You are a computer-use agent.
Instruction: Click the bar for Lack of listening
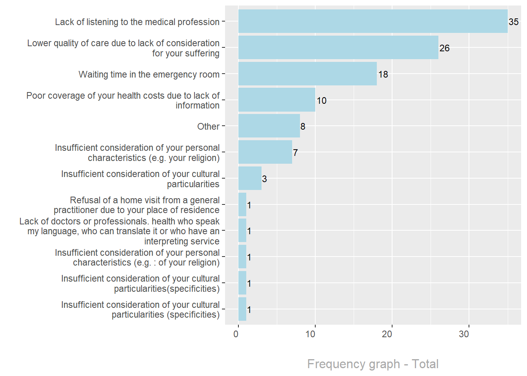coord(373,22)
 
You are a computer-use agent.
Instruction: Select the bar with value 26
coord(338,48)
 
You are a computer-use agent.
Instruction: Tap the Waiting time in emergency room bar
coord(307,74)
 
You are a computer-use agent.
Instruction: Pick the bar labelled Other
coord(269,126)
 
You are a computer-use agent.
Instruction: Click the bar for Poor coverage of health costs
coord(277,100)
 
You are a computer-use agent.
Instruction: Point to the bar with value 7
coord(265,152)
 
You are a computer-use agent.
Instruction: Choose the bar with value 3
coord(250,179)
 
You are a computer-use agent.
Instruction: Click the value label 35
coord(514,22)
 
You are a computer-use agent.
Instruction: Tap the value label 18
coord(383,74)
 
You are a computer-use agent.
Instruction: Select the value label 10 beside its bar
coord(322,101)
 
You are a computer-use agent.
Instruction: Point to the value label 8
coord(303,127)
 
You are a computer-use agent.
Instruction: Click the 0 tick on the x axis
coord(236,334)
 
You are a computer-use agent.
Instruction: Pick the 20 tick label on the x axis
coord(387,334)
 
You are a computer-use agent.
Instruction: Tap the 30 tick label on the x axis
coord(464,334)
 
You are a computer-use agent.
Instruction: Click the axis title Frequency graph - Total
coord(373,364)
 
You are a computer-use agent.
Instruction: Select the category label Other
coord(208,127)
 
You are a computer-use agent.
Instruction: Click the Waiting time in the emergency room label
coord(149,74)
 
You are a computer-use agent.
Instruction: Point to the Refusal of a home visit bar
coord(242,204)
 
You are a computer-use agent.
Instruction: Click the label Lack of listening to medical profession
coord(137,22)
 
